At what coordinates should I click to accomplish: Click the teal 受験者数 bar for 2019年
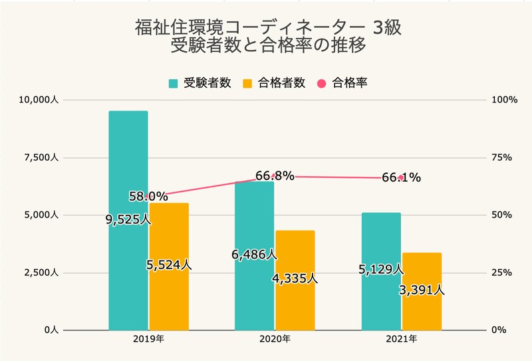tap(128, 166)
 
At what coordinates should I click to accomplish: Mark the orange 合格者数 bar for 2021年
tap(422, 312)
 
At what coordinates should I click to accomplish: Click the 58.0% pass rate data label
tap(148, 196)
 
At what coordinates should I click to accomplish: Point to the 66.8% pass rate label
tap(275, 176)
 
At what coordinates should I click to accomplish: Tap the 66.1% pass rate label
tap(401, 178)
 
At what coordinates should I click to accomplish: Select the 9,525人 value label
tap(128, 219)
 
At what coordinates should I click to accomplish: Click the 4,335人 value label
tap(295, 279)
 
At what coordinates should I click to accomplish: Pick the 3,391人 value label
tap(422, 290)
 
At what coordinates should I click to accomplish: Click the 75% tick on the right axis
tap(500, 158)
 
